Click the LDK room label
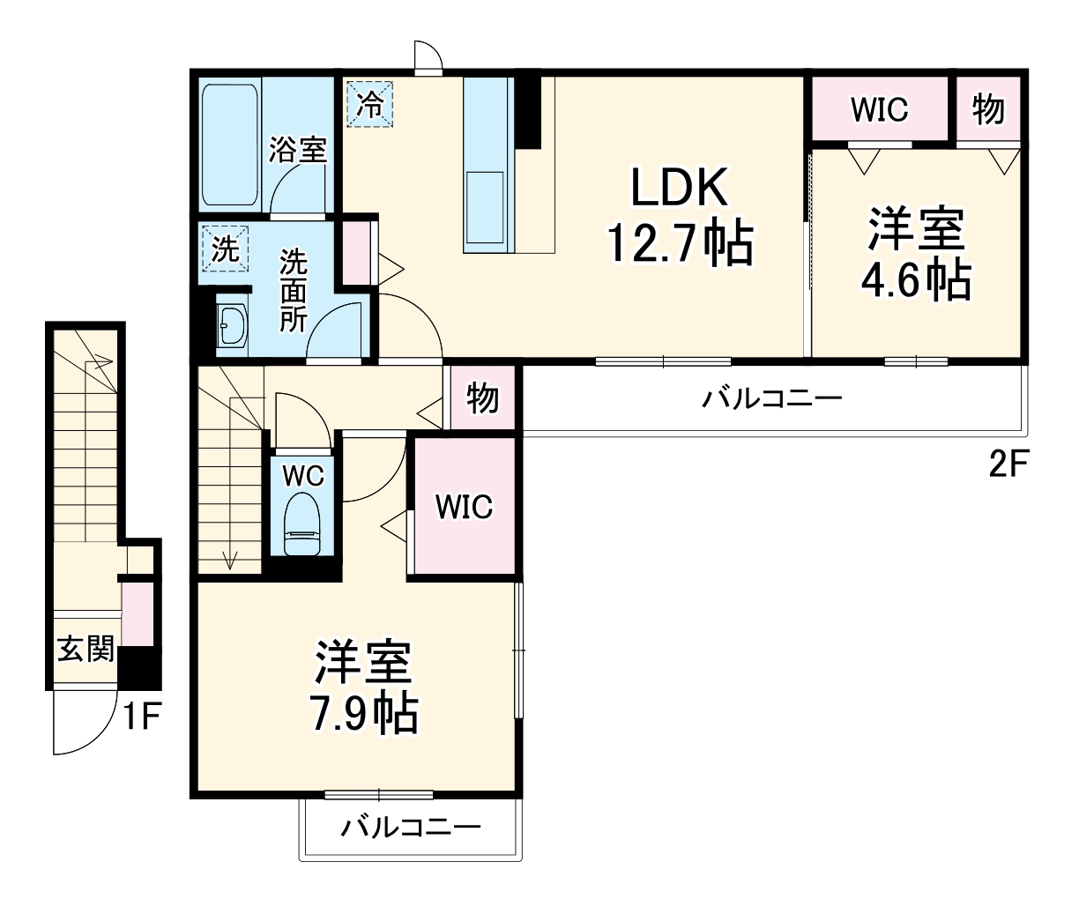tap(678, 188)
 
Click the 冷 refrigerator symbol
tap(371, 104)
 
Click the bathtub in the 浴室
tap(230, 145)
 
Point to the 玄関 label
tap(86, 650)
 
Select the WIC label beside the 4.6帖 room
tap(879, 109)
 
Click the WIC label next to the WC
tap(464, 507)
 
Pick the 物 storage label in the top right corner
tap(988, 109)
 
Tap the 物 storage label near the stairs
tap(482, 398)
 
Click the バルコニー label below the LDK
tap(771, 398)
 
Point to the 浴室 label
tap(298, 149)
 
